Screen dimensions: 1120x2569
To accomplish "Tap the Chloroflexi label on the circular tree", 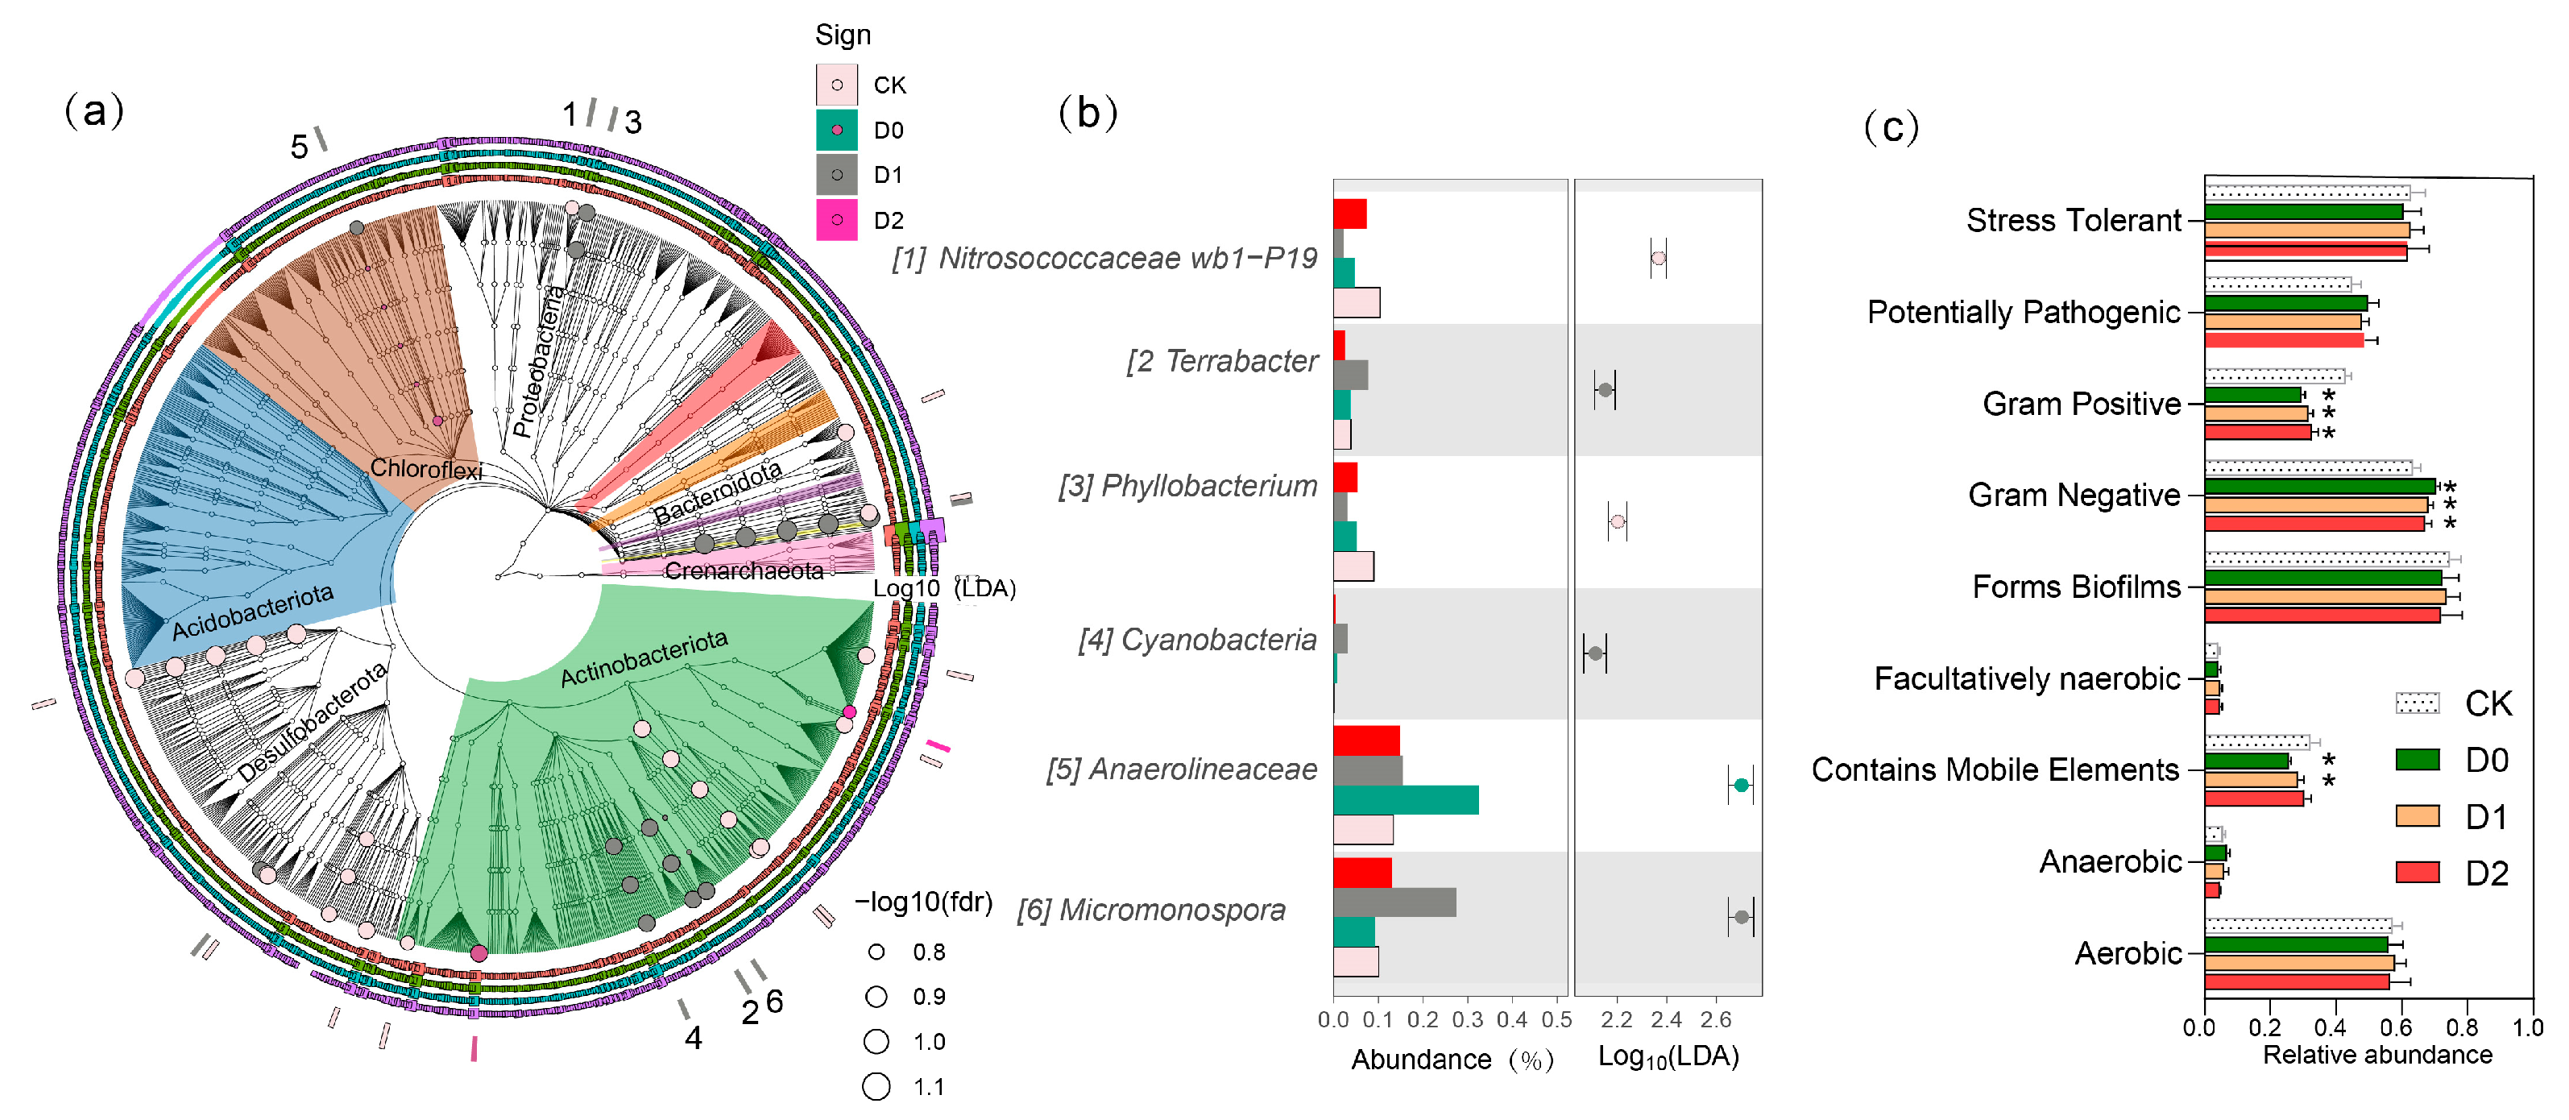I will pyautogui.click(x=426, y=468).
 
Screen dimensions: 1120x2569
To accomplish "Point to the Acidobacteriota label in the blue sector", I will pyautogui.click(x=252, y=612).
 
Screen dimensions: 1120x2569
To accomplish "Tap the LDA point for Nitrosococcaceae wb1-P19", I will pyautogui.click(x=1657, y=259).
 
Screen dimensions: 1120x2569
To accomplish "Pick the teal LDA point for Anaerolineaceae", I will pyautogui.click(x=1740, y=786).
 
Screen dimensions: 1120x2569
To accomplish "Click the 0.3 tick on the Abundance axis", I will pyautogui.click(x=1467, y=1019).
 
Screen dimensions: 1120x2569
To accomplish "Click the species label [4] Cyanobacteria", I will pyautogui.click(x=1197, y=639).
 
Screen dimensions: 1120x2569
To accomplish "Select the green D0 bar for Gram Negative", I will pyautogui.click(x=2320, y=487).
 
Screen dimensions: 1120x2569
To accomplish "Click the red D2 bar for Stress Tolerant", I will pyautogui.click(x=2305, y=251).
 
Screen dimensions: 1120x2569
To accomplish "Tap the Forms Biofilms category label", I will pyautogui.click(x=2075, y=587).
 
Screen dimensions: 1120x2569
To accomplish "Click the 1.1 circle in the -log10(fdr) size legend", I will pyautogui.click(x=876, y=1086).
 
